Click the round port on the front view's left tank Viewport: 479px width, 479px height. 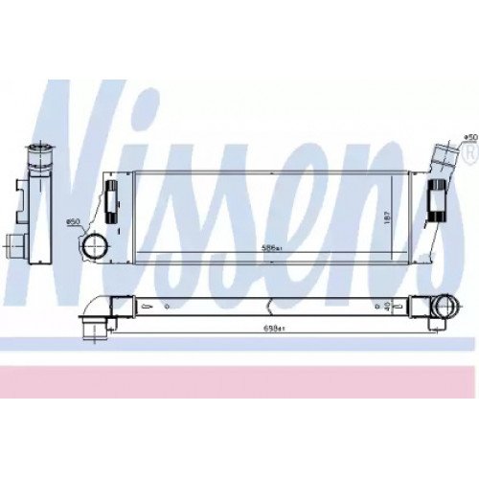coord(97,247)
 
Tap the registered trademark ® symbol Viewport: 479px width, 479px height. coord(468,150)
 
